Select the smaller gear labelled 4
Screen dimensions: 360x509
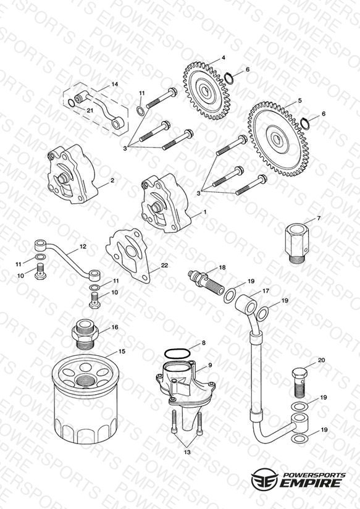tap(206, 91)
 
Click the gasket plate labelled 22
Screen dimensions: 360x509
tap(128, 255)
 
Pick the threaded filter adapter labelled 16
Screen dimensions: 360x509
tap(85, 333)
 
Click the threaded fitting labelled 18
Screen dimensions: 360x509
tap(206, 282)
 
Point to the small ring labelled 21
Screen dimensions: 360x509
tap(71, 103)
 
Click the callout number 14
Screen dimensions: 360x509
tap(115, 84)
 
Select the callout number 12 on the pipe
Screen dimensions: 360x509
tap(83, 246)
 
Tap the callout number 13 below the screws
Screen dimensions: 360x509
tap(187, 452)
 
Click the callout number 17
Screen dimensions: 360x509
tap(266, 291)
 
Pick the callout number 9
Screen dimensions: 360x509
tap(210, 365)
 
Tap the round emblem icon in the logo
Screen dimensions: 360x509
tap(264, 478)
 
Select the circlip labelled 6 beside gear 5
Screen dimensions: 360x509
tap(305, 124)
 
